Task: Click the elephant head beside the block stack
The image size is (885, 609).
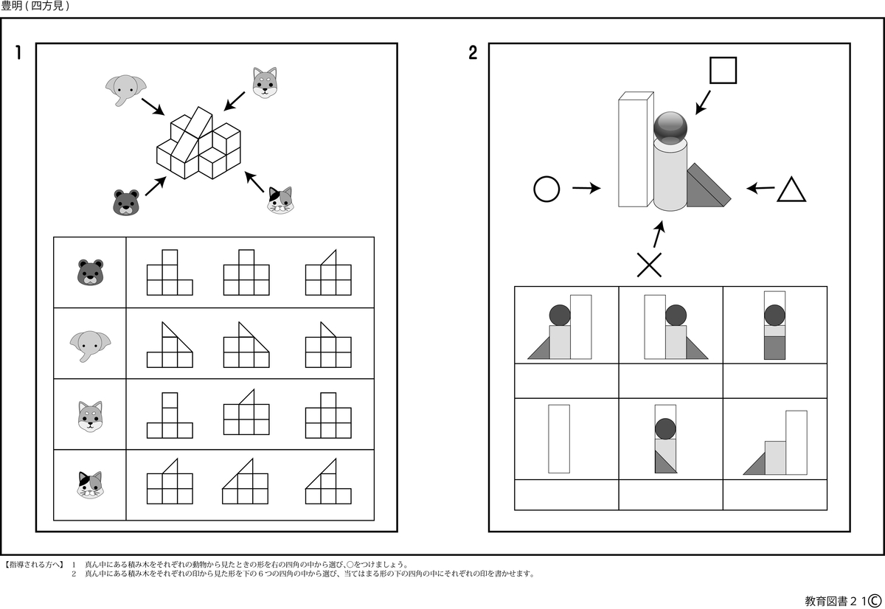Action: [125, 90]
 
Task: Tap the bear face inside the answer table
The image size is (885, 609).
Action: [90, 272]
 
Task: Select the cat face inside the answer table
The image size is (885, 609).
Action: [91, 484]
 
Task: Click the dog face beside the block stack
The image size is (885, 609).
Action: [265, 83]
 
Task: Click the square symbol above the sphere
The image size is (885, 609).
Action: [723, 70]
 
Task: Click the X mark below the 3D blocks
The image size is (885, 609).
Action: [649, 265]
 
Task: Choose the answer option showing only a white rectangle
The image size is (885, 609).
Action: [559, 439]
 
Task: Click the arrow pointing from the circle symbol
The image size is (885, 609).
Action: [587, 188]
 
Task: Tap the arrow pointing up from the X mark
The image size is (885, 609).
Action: [659, 234]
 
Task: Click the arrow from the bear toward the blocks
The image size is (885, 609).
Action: [156, 186]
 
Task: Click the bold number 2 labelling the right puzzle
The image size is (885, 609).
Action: [473, 52]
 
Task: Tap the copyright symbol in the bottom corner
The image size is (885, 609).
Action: [875, 600]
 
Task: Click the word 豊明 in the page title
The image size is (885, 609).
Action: [12, 6]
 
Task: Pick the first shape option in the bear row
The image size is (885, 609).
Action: [170, 272]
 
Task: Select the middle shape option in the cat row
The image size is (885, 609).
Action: [245, 481]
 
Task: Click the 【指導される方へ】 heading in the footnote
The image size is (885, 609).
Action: [34, 564]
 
